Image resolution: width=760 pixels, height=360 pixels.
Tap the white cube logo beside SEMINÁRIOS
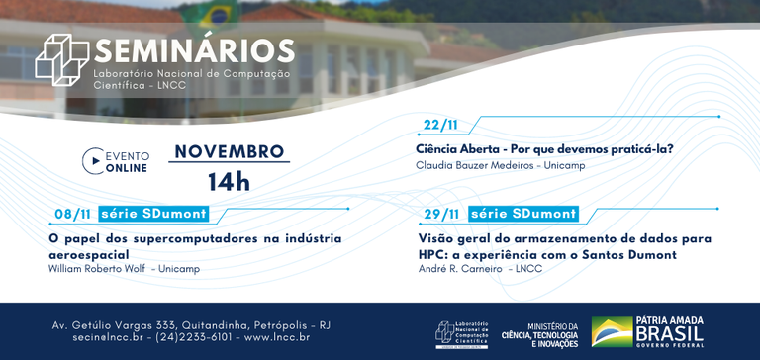(61, 59)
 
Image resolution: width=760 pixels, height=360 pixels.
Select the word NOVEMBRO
(229, 152)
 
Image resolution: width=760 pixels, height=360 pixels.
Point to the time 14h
(229, 182)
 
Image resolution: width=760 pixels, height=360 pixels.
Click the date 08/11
(72, 214)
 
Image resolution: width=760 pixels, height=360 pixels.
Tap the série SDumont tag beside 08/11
(153, 214)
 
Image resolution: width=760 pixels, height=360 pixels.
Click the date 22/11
(439, 125)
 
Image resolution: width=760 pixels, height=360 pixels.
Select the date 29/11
(441, 214)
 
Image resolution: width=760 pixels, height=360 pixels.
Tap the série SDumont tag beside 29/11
(522, 214)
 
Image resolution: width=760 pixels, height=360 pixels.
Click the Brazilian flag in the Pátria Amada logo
(612, 332)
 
